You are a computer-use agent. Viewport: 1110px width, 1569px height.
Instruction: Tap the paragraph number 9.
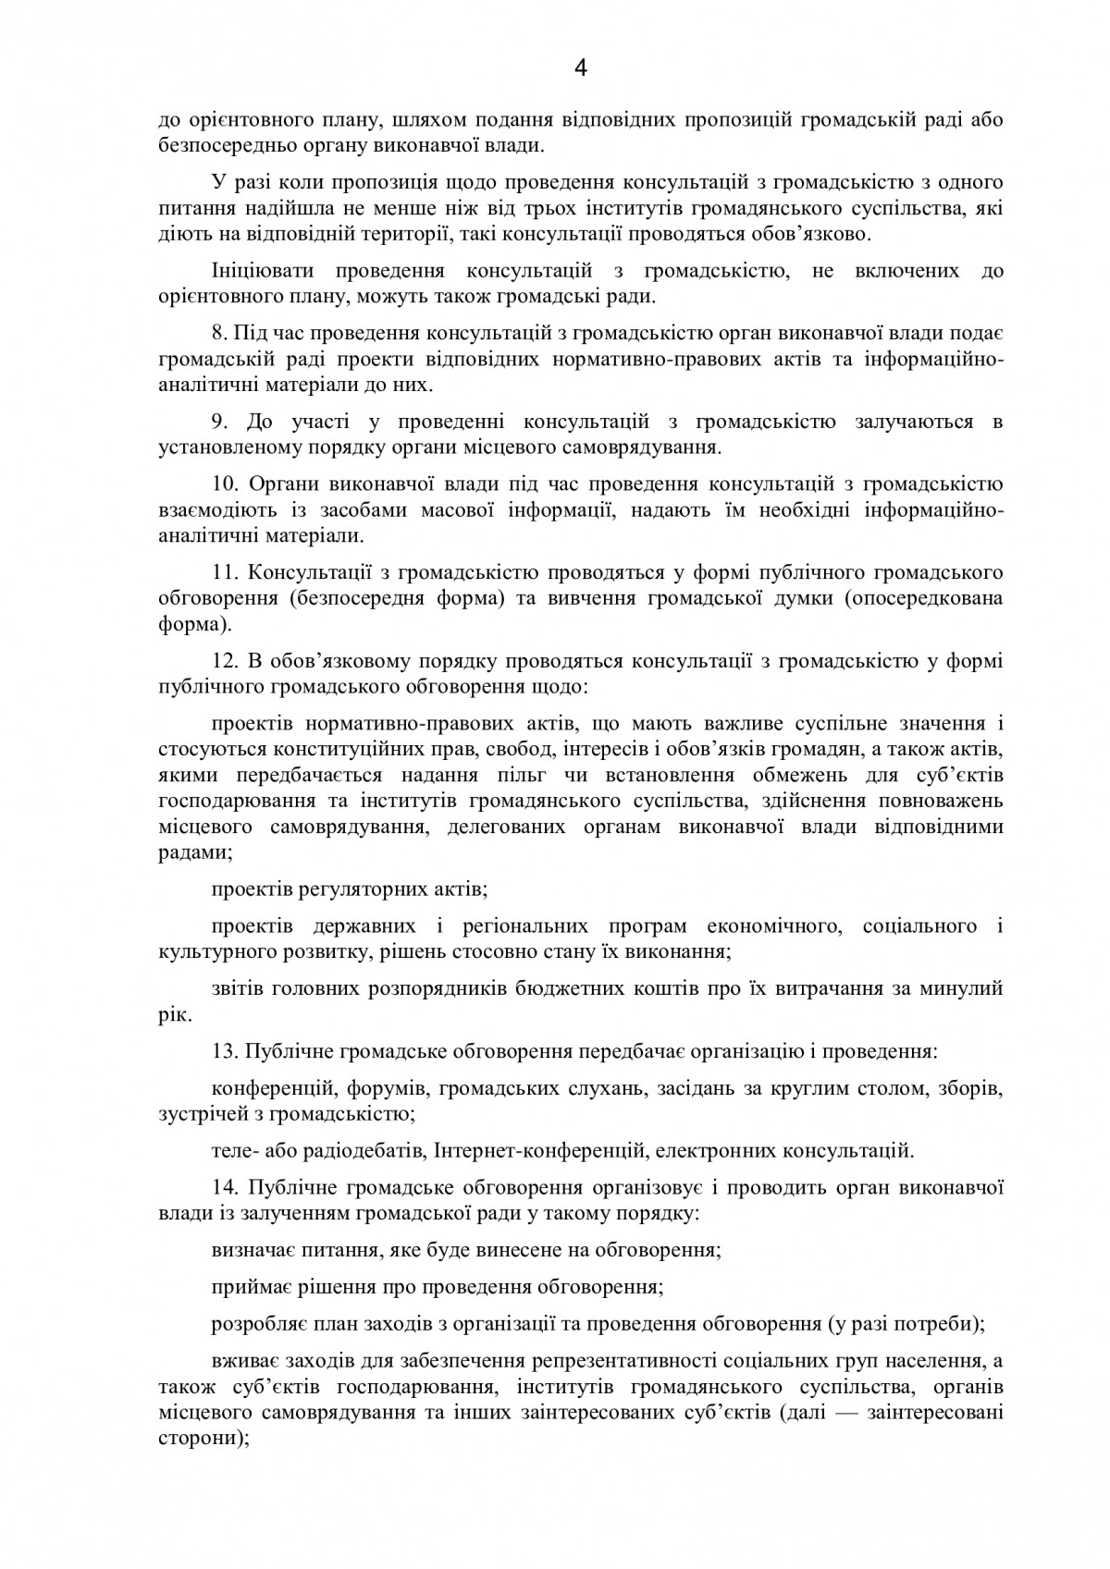tap(218, 423)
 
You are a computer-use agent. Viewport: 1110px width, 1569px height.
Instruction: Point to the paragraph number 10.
tap(224, 484)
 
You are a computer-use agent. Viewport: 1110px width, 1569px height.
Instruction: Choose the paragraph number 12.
tap(224, 662)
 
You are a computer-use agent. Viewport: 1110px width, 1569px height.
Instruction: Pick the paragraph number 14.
tap(224, 1187)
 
